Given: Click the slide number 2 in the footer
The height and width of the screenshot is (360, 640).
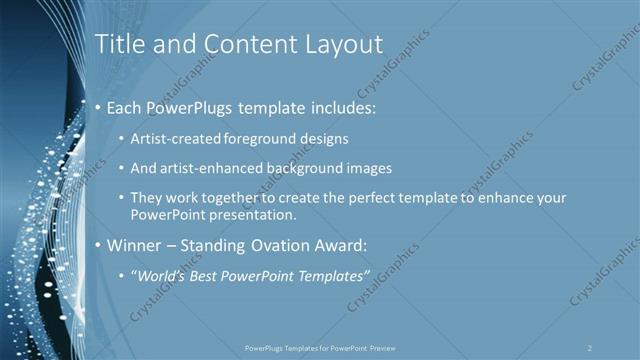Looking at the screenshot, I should [x=590, y=347].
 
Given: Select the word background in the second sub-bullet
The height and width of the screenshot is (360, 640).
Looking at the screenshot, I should [x=311, y=168].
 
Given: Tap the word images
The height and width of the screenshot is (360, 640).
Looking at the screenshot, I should [x=370, y=168].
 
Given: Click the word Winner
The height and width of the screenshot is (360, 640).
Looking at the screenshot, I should [x=135, y=245].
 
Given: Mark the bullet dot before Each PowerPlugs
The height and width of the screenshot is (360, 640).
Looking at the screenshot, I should [x=97, y=107].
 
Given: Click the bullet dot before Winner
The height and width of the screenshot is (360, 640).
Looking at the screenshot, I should [x=97, y=245].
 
